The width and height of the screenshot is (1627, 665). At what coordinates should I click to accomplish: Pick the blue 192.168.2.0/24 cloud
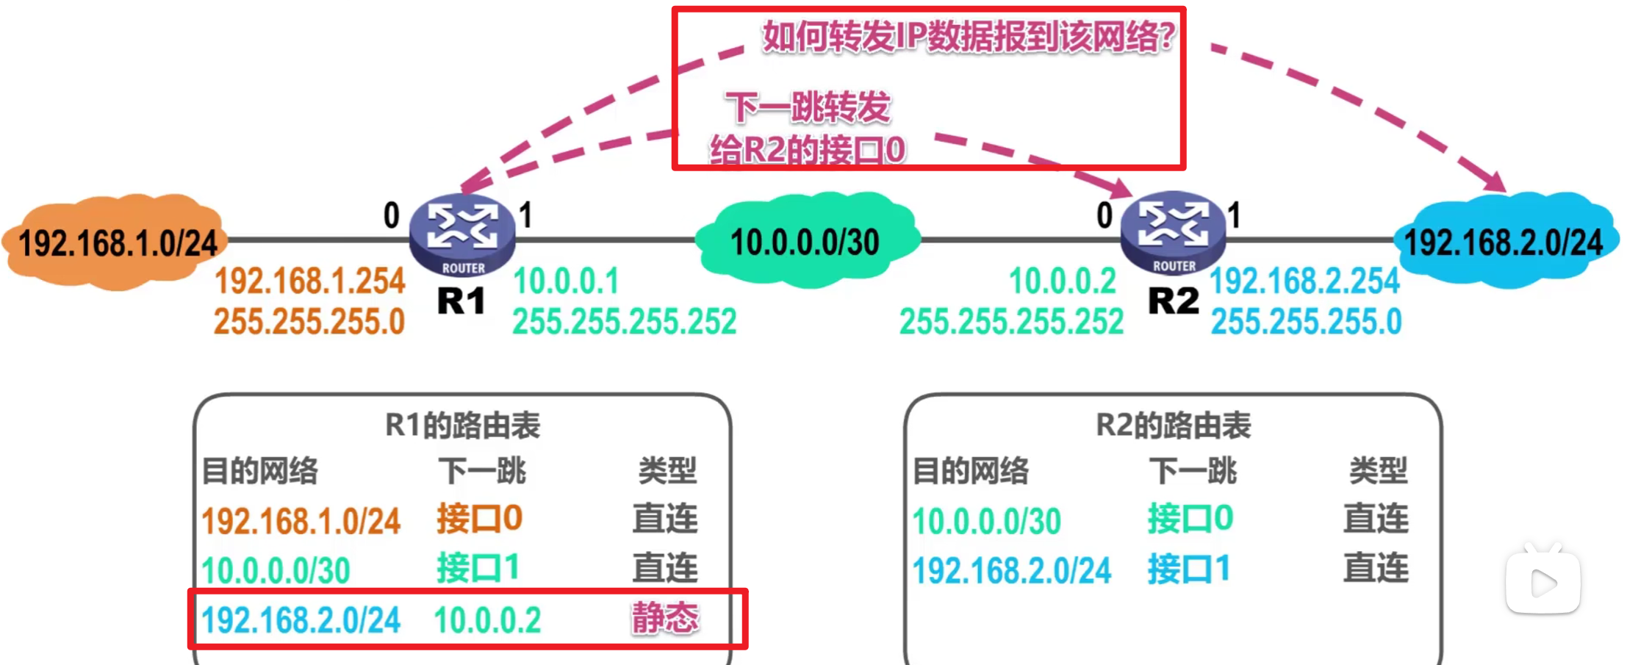[1504, 242]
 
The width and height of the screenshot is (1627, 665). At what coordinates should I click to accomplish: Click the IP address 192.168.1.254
[309, 281]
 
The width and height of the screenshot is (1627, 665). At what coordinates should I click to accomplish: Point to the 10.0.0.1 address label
[566, 281]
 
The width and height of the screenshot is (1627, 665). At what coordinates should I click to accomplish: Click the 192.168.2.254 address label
[1304, 281]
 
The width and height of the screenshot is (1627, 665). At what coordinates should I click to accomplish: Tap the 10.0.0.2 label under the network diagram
[1062, 281]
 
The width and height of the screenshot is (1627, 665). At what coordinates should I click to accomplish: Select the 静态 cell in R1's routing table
[665, 618]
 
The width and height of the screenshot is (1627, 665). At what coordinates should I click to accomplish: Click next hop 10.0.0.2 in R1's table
[487, 620]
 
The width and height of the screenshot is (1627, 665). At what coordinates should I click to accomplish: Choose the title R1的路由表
[462, 425]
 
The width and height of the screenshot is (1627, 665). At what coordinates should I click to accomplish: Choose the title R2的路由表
[1173, 425]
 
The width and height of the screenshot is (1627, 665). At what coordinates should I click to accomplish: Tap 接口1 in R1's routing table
[478, 568]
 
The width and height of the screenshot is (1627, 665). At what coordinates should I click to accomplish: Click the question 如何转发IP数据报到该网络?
[969, 37]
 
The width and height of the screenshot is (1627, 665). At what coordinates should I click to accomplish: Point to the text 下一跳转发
[808, 108]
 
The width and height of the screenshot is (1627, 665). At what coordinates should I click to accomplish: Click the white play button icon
[1543, 583]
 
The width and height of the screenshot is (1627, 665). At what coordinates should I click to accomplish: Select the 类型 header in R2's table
[1378, 471]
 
